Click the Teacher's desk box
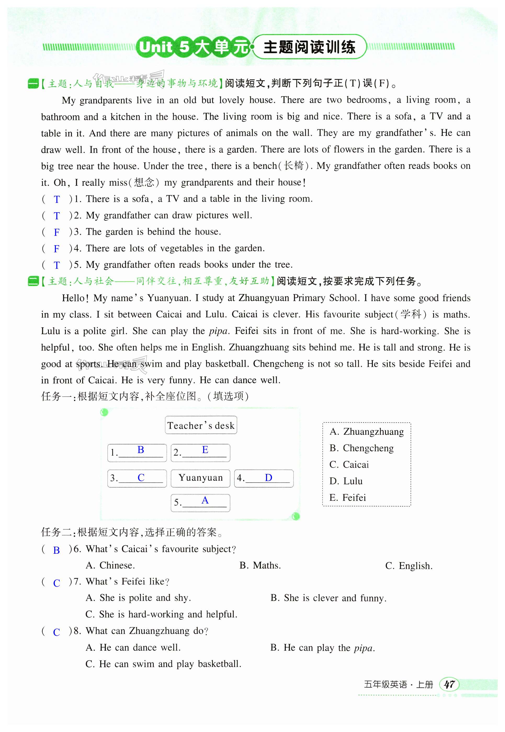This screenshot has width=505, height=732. coord(201,425)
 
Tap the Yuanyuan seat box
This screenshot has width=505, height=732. coord(200,478)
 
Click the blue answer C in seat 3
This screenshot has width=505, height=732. coord(141,477)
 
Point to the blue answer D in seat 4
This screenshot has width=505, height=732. coord(268,477)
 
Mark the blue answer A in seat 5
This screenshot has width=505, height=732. coord(205,500)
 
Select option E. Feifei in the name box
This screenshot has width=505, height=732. coord(347,497)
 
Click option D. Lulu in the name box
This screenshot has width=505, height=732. coord(346,481)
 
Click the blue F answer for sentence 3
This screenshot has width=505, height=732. coord(57,232)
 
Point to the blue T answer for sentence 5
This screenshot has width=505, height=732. coord(57,265)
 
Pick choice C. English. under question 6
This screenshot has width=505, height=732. coord(409,566)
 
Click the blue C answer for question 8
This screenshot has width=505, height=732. coord(57,632)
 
